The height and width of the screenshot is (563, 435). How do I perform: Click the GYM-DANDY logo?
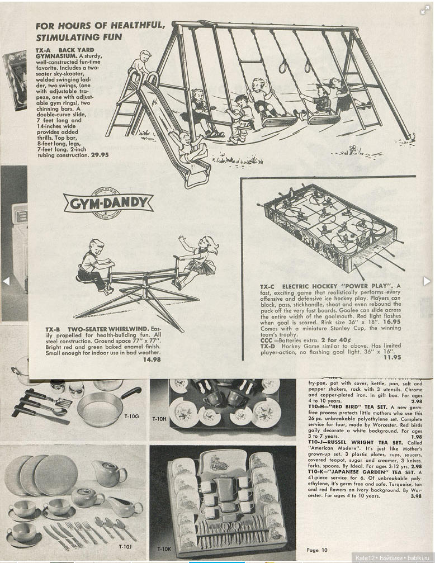pos(108,202)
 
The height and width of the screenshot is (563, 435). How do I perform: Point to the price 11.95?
pos(392,357)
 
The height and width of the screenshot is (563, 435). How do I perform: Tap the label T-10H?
pos(159,417)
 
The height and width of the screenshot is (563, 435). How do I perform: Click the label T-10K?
pos(164,548)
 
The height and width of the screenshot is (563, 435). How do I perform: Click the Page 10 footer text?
pos(317,550)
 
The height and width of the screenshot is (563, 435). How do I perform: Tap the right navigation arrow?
pos(427,281)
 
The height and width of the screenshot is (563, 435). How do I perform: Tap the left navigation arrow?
pos(6,281)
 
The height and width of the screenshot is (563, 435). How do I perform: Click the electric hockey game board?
pos(332,226)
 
